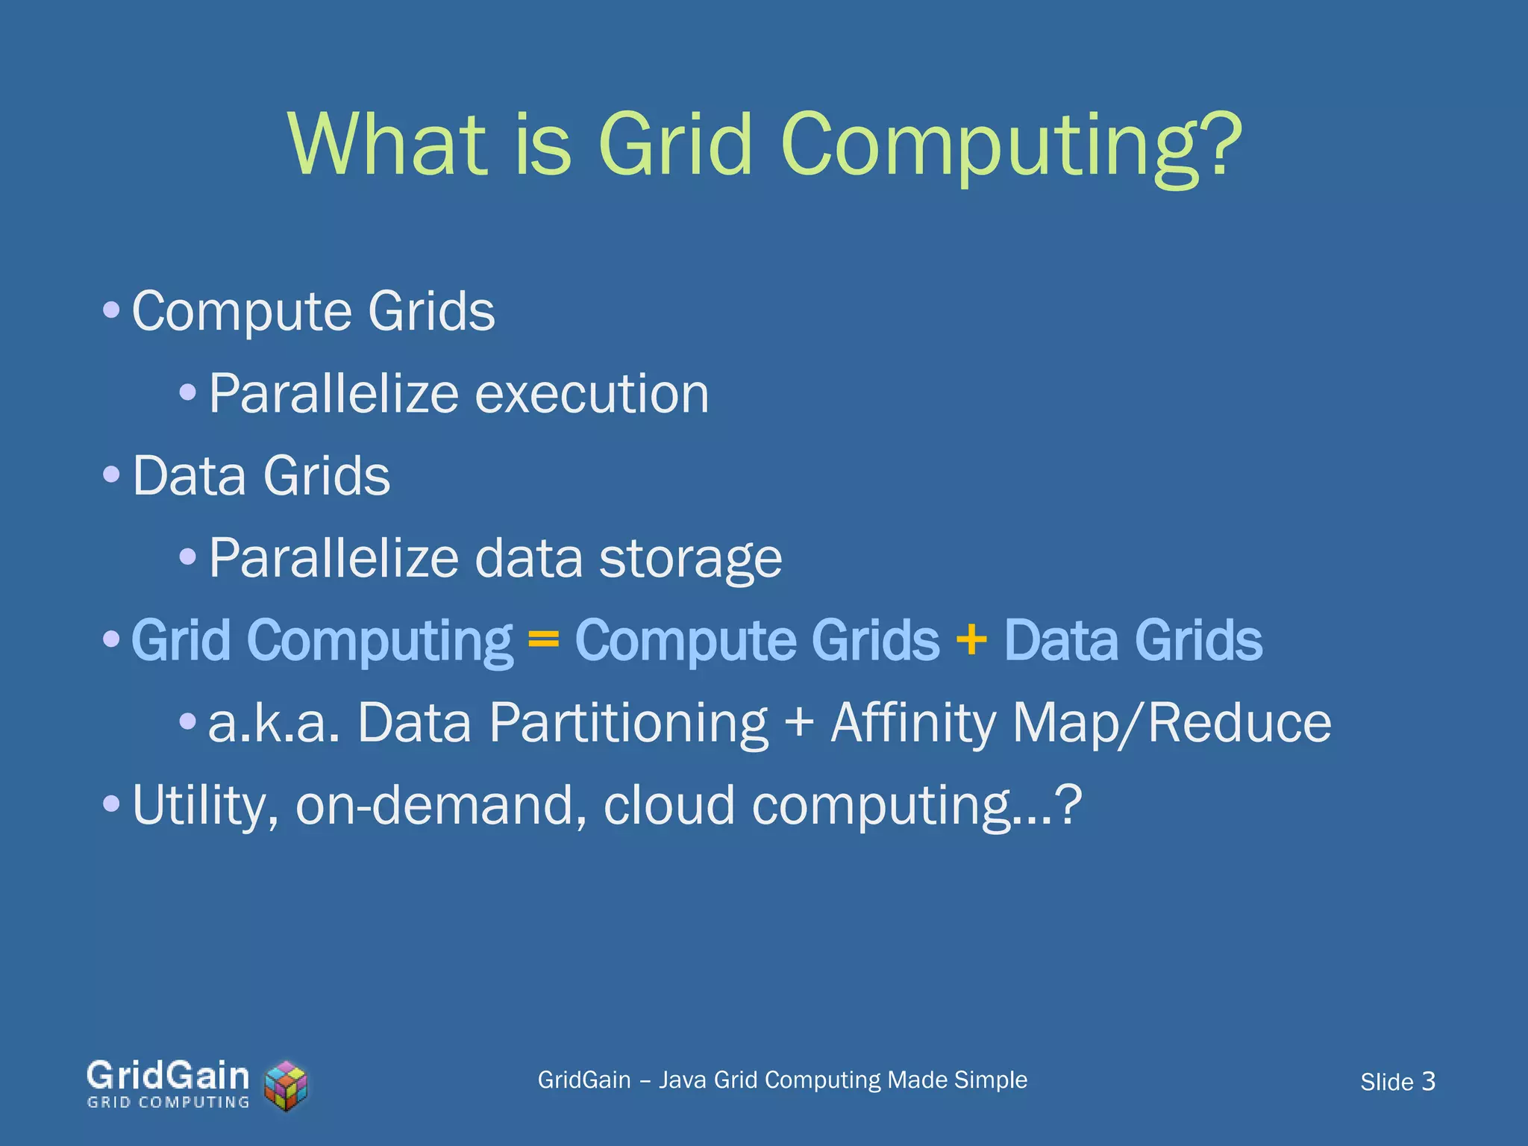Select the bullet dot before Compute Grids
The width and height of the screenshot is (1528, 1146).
pyautogui.click(x=111, y=310)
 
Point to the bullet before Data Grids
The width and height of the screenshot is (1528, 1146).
pyautogui.click(x=111, y=475)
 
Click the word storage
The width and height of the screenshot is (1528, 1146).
pyautogui.click(x=690, y=558)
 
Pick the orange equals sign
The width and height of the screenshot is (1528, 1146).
pyautogui.click(x=543, y=640)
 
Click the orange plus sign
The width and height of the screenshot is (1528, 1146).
pyautogui.click(x=971, y=639)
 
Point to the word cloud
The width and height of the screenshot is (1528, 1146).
pyautogui.click(x=668, y=805)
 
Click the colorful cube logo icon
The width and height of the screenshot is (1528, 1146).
pyautogui.click(x=286, y=1086)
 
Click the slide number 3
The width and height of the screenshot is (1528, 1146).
pyautogui.click(x=1428, y=1081)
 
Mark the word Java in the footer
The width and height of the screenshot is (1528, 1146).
pyautogui.click(x=681, y=1080)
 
